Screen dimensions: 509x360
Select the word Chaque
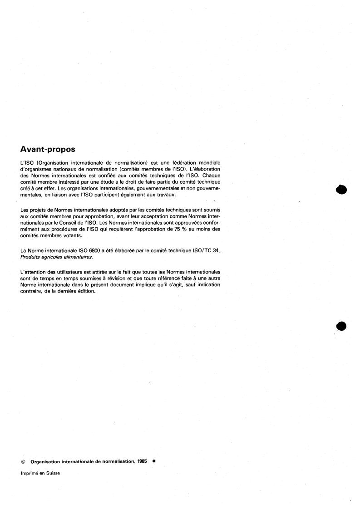pyautogui.click(x=211, y=175)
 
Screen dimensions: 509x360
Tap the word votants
pyautogui.click(x=72, y=236)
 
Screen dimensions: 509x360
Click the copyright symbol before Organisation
pyautogui.click(x=23, y=462)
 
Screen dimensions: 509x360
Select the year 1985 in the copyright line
pyautogui.click(x=142, y=462)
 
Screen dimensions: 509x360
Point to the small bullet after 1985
pyautogui.click(x=154, y=461)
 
